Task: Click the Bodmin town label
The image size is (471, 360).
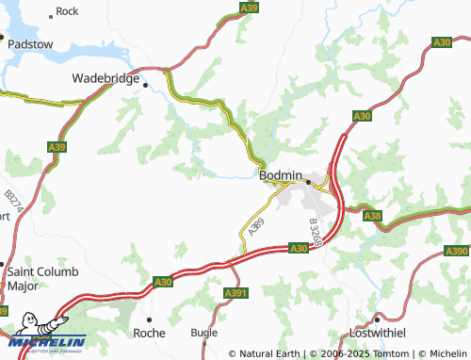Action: pyautogui.click(x=280, y=175)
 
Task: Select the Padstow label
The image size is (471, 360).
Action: pyautogui.click(x=32, y=42)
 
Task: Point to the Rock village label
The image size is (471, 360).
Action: pyautogui.click(x=67, y=11)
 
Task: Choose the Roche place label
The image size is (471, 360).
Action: pyautogui.click(x=149, y=333)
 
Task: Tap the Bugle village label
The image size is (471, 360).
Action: pyautogui.click(x=203, y=333)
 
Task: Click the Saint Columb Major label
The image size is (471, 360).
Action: pyautogui.click(x=35, y=279)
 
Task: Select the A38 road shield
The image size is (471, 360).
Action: pyautogui.click(x=372, y=217)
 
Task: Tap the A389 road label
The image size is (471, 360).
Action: pyautogui.click(x=253, y=226)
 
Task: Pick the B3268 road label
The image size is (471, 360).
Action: pyautogui.click(x=317, y=232)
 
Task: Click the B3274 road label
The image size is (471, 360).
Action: pyautogui.click(x=12, y=198)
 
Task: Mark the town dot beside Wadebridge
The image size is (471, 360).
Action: pyautogui.click(x=146, y=84)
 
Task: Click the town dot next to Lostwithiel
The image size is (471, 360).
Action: pyautogui.click(x=375, y=318)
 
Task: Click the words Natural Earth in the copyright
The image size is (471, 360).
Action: pyautogui.click(x=268, y=353)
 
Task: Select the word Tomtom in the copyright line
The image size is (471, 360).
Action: pyautogui.click(x=367, y=353)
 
